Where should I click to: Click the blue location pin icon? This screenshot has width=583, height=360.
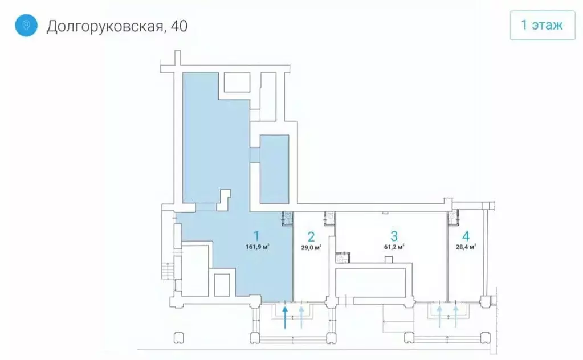click(26, 26)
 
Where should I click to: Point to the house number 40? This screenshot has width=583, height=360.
click(178, 26)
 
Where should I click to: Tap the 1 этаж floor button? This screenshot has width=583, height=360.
click(541, 25)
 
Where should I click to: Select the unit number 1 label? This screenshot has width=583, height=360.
click(257, 235)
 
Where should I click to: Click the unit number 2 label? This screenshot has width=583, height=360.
click(311, 236)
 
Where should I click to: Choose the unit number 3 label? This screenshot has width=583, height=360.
click(394, 235)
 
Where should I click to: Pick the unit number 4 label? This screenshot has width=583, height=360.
click(466, 236)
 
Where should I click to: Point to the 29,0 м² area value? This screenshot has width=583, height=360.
click(311, 247)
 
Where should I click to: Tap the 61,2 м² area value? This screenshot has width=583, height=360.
click(394, 247)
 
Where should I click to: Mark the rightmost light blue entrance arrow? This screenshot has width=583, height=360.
click(456, 316)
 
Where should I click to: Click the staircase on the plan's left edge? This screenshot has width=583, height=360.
click(166, 268)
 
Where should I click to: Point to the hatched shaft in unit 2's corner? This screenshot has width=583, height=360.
click(329, 217)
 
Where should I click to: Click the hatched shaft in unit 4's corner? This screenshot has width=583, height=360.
click(452, 216)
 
